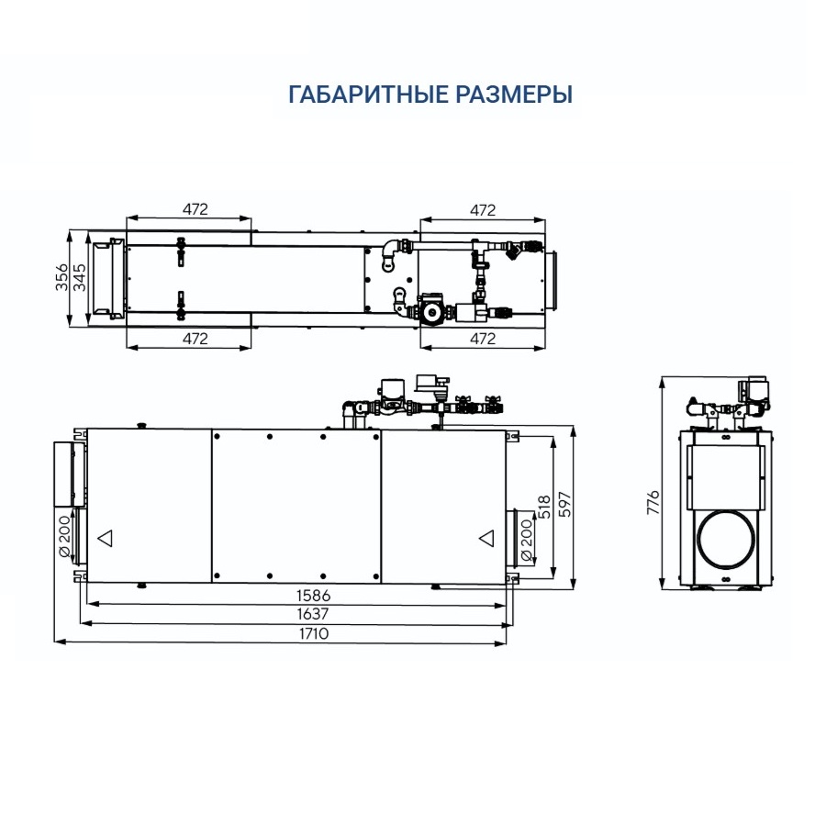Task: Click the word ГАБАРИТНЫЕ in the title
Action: [x=368, y=95]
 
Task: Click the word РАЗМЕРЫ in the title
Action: [x=514, y=95]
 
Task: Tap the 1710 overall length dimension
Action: [x=314, y=633]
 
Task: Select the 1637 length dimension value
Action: [x=313, y=614]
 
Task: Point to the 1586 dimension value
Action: [x=314, y=596]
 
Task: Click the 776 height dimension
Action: [x=653, y=502]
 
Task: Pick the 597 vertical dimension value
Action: [x=564, y=504]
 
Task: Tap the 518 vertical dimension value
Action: [x=544, y=507]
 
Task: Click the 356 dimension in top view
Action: [x=62, y=277]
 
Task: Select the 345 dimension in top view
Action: [x=80, y=277]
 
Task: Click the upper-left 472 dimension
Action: [x=195, y=209]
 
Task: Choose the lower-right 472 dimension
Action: [x=483, y=339]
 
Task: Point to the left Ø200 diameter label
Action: [x=63, y=536]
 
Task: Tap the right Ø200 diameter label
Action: [x=526, y=541]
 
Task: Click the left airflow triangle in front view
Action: [x=106, y=538]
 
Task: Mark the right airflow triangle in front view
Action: [x=487, y=539]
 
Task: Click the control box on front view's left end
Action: [x=69, y=474]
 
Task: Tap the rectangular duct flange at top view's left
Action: [x=109, y=279]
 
